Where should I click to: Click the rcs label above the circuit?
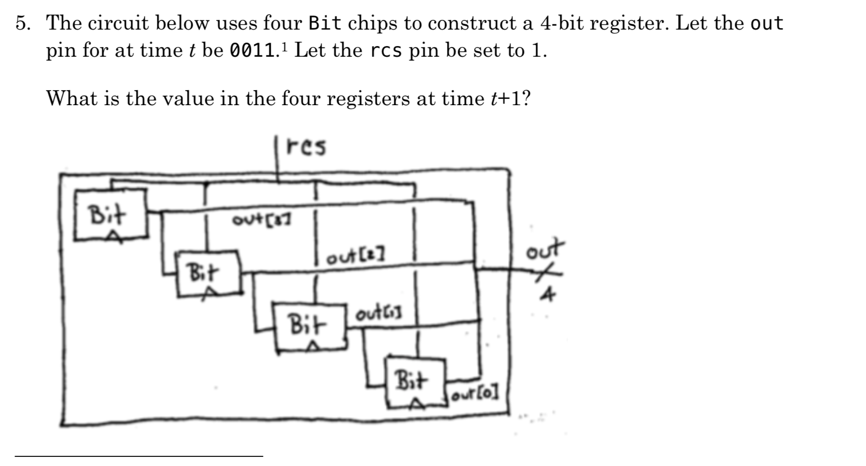307,147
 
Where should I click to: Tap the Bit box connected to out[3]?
110,215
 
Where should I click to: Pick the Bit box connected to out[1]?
309,326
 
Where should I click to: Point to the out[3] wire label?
262,220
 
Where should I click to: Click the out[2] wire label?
356,258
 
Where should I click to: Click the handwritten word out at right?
545,249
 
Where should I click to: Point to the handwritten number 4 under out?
547,294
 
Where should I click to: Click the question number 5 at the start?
21,23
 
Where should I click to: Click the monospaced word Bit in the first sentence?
325,23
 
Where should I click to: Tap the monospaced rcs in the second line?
386,51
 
